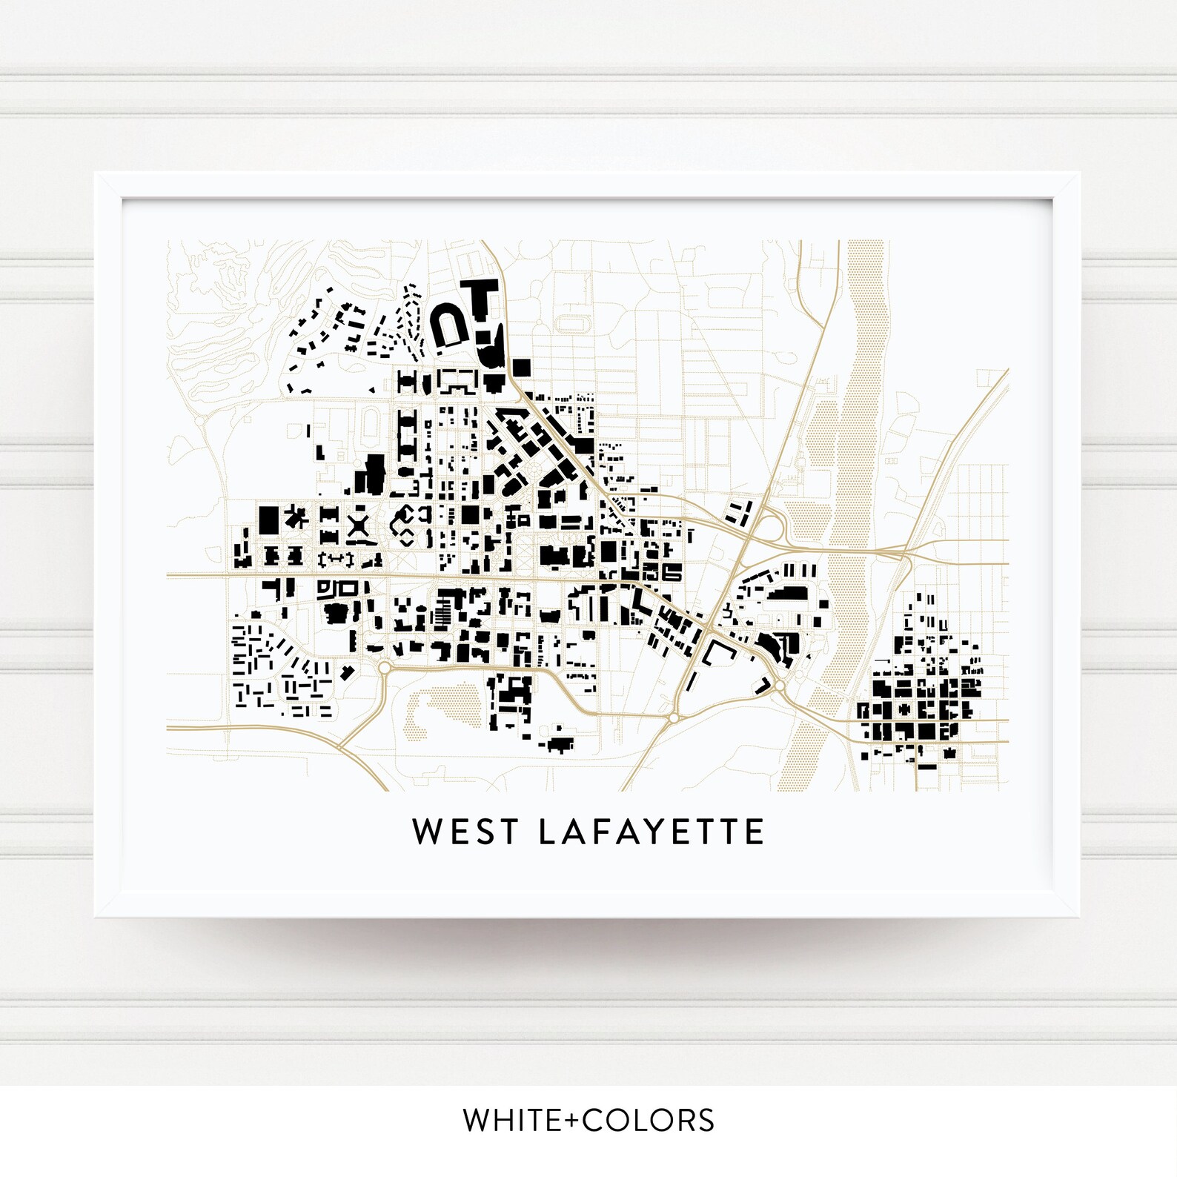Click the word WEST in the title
(x=465, y=832)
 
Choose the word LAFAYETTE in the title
(x=651, y=832)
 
